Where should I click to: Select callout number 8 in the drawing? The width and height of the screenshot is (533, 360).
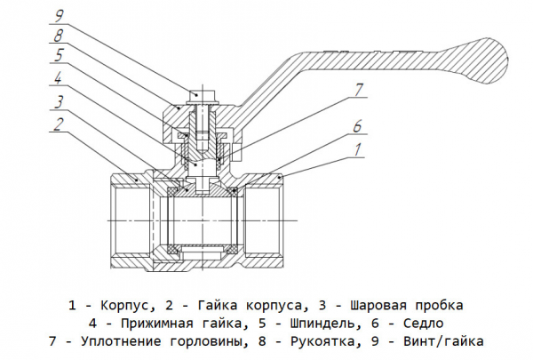pyautogui.click(x=58, y=35)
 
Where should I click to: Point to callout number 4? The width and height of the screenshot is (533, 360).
pyautogui.click(x=58, y=78)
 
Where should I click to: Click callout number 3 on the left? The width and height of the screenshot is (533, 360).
pyautogui.click(x=58, y=100)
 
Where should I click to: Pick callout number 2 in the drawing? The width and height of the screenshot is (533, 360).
pyautogui.click(x=58, y=124)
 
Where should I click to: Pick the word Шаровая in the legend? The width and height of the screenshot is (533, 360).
pyautogui.click(x=382, y=305)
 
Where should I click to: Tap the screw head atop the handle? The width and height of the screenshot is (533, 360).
pyautogui.click(x=203, y=92)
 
